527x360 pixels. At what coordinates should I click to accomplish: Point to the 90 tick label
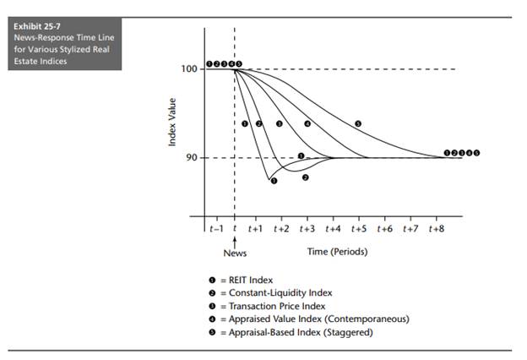191,158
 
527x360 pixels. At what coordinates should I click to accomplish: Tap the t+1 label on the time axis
256,228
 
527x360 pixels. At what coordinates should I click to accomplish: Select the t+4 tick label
333,228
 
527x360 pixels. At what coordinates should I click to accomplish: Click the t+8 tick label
437,228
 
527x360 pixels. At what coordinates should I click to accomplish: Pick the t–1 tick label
215,228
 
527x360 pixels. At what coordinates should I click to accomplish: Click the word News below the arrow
234,253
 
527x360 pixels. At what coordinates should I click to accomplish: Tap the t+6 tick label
384,228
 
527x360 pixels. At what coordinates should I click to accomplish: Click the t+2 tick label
281,228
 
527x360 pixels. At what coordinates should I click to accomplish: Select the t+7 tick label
410,228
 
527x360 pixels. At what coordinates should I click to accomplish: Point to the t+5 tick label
359,228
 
